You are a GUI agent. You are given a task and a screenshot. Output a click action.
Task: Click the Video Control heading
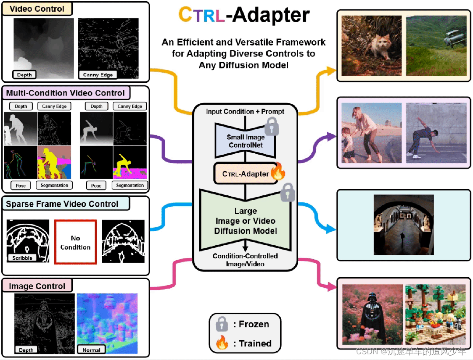point(37,9)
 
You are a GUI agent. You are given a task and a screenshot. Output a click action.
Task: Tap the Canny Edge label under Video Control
point(98,75)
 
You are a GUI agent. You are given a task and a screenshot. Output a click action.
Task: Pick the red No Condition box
point(75,242)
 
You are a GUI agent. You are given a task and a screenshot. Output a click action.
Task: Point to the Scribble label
point(22,258)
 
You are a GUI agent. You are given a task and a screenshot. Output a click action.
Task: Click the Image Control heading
point(37,286)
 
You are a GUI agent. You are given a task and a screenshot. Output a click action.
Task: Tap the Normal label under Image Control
point(91,350)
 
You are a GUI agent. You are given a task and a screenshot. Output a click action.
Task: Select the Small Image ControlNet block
point(245,141)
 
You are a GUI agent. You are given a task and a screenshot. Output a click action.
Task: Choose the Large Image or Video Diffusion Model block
point(245,221)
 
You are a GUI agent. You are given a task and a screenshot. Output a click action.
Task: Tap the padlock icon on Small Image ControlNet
point(272,126)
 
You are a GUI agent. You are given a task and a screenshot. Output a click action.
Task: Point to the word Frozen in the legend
point(254,324)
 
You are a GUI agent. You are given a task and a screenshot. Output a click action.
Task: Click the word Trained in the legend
point(255,343)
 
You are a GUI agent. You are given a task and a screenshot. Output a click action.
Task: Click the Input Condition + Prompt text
point(245,112)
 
